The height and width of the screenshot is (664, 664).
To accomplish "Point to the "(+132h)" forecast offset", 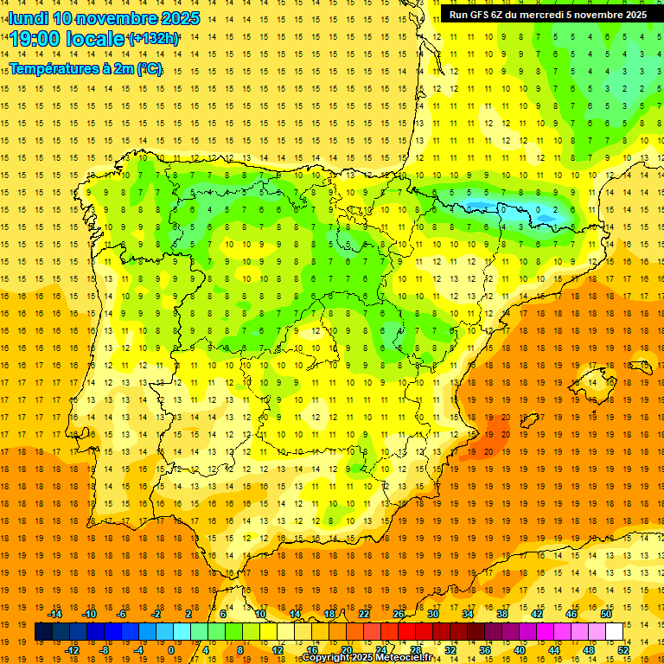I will click(x=154, y=39).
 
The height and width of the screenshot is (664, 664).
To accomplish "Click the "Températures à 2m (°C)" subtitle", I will click(x=86, y=69).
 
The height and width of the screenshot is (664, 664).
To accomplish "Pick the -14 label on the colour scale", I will click(x=54, y=614).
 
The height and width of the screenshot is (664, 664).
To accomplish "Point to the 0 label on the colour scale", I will click(x=171, y=650).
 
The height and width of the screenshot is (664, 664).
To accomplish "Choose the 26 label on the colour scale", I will click(x=399, y=614).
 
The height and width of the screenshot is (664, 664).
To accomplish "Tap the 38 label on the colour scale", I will click(x=501, y=614).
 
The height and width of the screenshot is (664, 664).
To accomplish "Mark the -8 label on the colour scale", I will click(x=105, y=650).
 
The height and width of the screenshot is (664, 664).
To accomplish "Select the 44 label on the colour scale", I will click(x=554, y=650).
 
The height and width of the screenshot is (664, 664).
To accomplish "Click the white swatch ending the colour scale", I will click(x=615, y=632).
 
